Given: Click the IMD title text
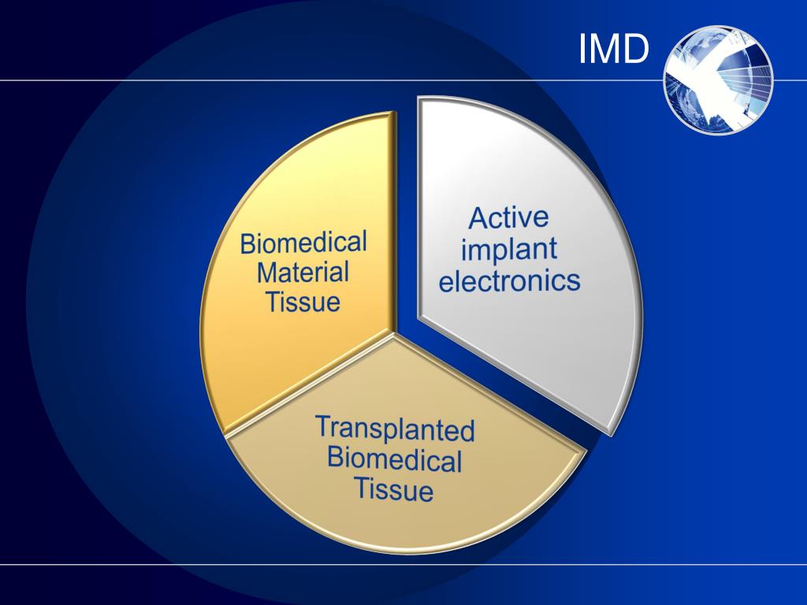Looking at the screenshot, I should tap(613, 49).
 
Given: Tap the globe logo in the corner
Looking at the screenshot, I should tap(718, 79).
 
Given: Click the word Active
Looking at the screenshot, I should tap(508, 218).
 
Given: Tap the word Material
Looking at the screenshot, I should tap(303, 273).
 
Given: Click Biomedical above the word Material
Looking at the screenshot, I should tap(303, 243).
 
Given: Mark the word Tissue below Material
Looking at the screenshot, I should tap(303, 302).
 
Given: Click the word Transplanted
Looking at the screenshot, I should tap(395, 429).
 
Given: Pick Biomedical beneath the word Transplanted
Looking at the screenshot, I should tap(394, 458).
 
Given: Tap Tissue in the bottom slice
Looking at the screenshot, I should tap(393, 488).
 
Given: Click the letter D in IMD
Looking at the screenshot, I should tap(634, 49).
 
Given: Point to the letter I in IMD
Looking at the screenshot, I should tap(583, 49).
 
